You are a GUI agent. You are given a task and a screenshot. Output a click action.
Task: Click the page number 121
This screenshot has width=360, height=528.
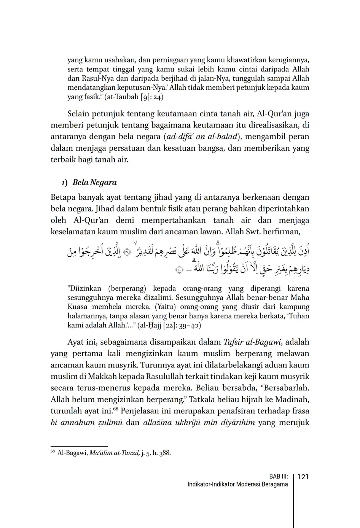pyautogui.click(x=303, y=477)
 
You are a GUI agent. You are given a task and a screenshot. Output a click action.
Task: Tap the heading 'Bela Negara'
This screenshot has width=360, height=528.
pyautogui.click(x=94, y=182)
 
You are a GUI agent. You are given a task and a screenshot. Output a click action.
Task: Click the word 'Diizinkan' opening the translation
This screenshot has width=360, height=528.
pyautogui.click(x=84, y=288)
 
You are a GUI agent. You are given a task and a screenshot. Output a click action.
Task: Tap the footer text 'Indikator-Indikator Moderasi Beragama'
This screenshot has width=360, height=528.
pyautogui.click(x=237, y=485)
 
